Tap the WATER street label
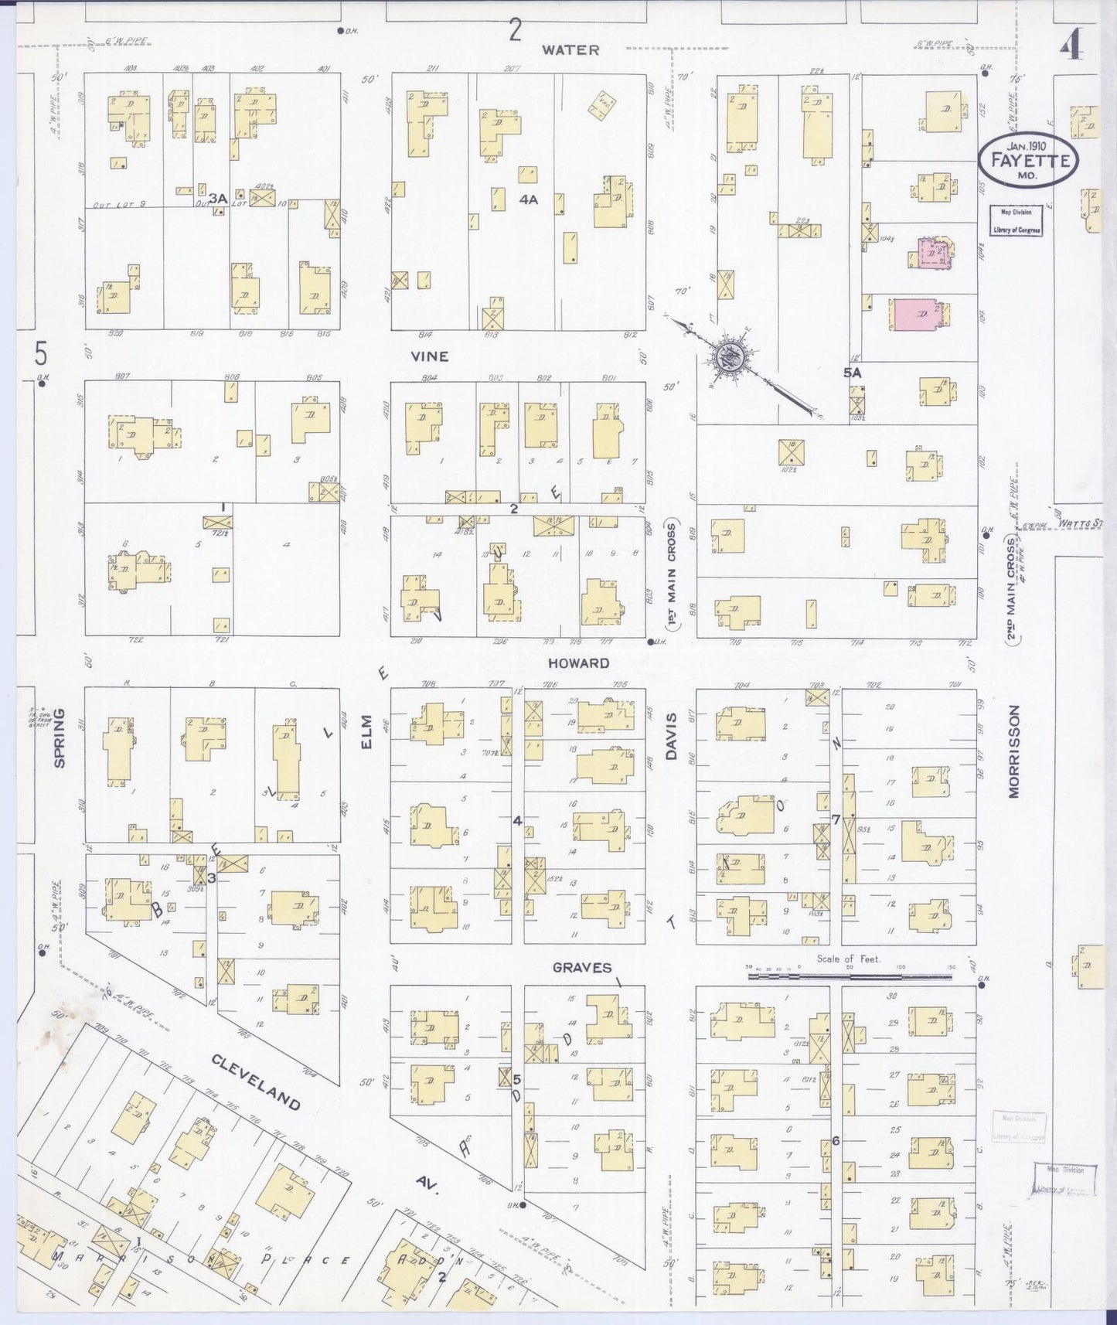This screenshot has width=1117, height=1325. (570, 49)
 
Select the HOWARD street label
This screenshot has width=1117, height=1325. (578, 662)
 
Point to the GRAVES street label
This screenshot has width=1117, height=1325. (581, 967)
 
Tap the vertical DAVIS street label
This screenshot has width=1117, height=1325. (671, 735)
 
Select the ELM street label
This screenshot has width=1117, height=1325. (367, 730)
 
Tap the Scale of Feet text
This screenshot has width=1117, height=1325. (849, 959)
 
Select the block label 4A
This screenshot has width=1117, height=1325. (529, 199)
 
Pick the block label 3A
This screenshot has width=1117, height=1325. (217, 199)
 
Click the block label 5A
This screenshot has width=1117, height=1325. (852, 373)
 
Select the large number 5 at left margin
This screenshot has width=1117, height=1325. (41, 353)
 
